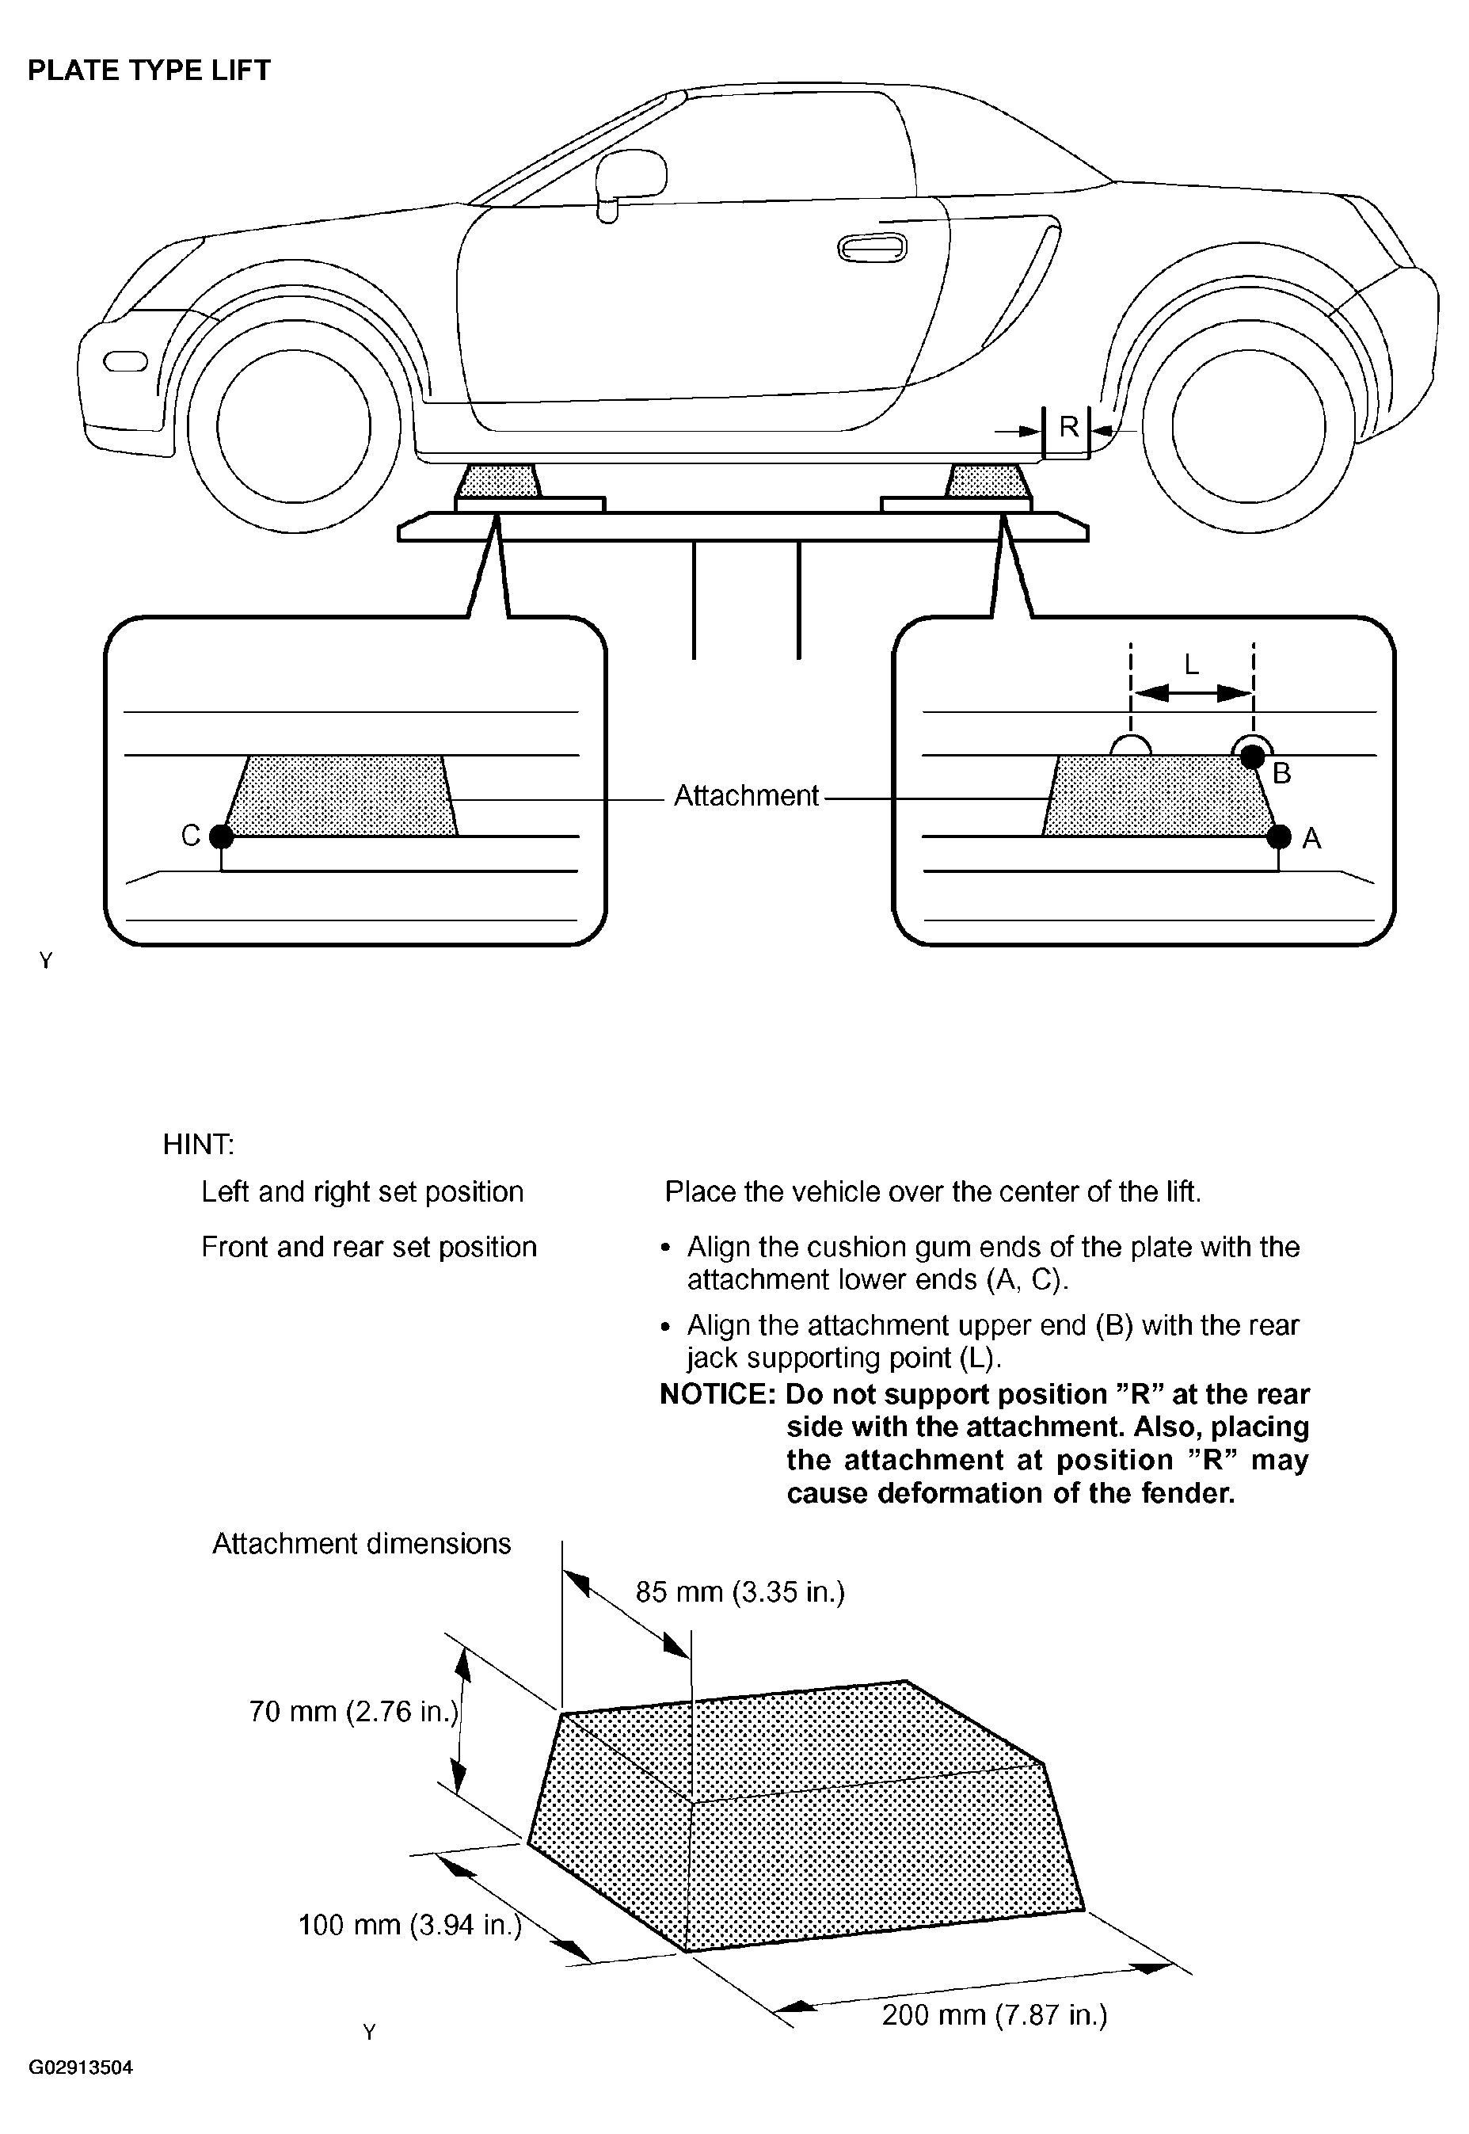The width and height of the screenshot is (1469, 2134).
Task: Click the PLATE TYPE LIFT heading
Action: point(149,70)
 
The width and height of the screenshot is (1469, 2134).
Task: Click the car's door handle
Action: point(872,248)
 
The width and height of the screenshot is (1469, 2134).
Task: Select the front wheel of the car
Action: point(294,426)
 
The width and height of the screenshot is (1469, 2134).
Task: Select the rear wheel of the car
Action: point(1248,426)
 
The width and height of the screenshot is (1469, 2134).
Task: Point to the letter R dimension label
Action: point(1068,427)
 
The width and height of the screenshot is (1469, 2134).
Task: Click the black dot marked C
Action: point(221,836)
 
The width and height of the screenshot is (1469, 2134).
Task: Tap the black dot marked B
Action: point(1252,756)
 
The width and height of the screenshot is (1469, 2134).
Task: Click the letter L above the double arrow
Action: point(1191,665)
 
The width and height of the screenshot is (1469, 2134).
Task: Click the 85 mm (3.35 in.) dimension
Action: point(740,1591)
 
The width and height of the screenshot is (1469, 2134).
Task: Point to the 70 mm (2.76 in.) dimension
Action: point(353,1712)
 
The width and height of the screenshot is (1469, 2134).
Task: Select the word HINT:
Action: point(198,1145)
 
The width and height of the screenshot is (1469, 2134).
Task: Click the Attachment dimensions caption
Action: point(362,1543)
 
